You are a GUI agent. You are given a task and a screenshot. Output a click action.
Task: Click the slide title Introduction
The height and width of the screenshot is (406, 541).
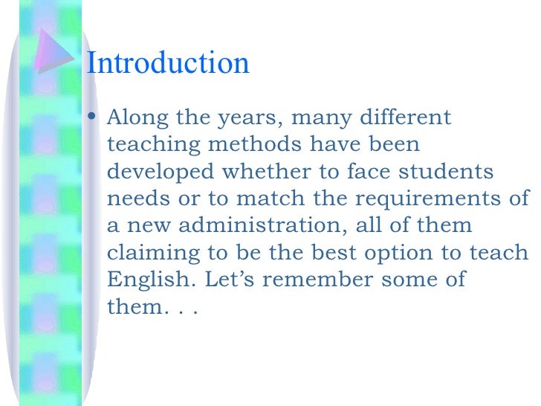(x=168, y=63)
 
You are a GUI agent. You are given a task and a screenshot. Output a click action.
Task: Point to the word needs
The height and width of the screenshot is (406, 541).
(x=134, y=199)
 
